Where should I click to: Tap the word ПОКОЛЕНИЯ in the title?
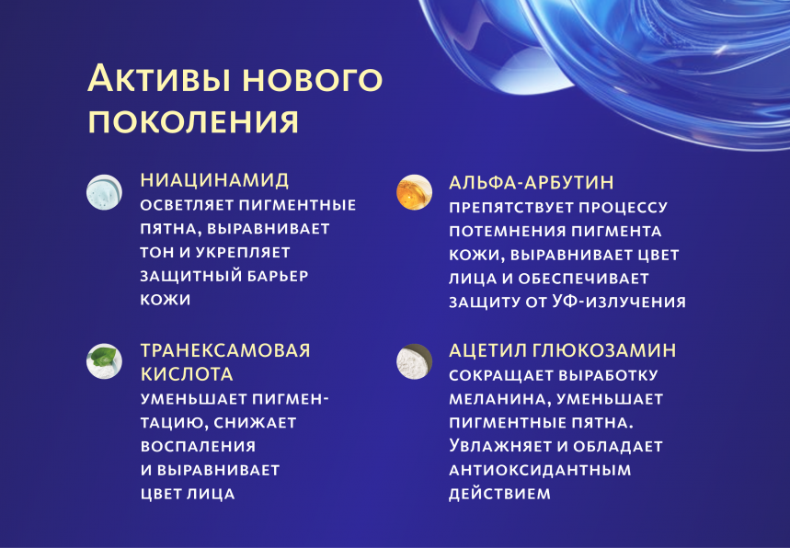point(193,121)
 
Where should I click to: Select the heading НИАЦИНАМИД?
point(214,179)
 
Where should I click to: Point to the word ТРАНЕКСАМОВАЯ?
point(225,350)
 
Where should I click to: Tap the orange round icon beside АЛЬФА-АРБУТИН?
point(414,192)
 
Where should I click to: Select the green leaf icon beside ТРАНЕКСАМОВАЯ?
point(103,361)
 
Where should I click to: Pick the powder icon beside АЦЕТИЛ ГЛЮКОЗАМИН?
point(414,361)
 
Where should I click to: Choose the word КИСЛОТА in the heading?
point(187,374)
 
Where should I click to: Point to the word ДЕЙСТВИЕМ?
point(499,494)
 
